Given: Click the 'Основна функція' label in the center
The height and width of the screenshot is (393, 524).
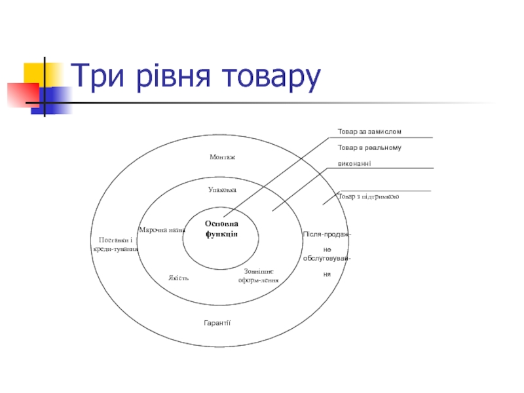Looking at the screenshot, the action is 221,229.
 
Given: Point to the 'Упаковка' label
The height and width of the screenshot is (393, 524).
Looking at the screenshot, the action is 222,189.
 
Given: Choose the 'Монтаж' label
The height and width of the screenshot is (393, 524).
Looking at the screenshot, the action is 222,157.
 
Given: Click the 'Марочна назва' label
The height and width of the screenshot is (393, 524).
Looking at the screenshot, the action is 162,230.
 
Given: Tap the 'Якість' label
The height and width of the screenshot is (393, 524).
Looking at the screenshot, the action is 178,278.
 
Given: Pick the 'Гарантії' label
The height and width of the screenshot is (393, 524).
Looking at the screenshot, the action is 217,323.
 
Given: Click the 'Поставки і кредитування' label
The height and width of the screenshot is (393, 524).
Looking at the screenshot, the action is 115,244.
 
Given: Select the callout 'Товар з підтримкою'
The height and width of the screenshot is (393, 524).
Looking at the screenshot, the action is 369,196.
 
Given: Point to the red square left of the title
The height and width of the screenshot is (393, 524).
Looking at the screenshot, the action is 18,94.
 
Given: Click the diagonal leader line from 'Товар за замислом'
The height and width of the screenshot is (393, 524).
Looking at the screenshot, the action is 282,174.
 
